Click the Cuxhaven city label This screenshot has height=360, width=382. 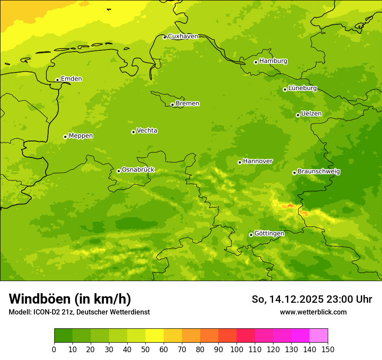183,36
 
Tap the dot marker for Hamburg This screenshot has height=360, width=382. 256,62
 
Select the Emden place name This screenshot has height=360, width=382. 71,79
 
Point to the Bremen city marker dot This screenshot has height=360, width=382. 172,105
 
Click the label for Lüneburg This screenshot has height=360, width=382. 303,88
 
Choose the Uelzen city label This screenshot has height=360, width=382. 311,114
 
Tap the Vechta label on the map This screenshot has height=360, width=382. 147,131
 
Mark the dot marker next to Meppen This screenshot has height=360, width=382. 65,137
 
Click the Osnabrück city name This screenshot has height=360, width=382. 138,170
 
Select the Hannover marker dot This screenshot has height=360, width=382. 240,162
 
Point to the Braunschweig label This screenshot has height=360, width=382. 319,172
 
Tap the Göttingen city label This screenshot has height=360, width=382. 269,234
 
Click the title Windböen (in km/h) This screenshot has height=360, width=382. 70,299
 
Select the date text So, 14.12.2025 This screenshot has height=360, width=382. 287,299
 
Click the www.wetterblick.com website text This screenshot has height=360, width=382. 313,312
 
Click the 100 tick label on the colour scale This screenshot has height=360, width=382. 237,349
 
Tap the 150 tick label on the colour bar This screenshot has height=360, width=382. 328,349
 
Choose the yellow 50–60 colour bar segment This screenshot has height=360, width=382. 155,336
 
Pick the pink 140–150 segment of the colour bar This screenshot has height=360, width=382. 319,336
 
